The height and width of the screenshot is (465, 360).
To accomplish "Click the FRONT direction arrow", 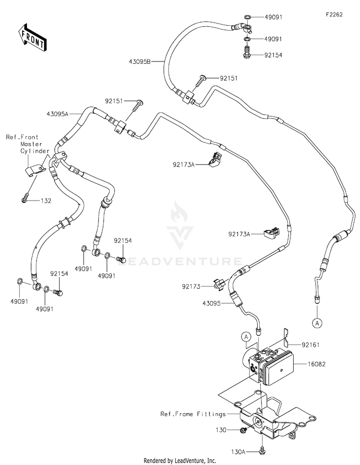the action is tap(32, 37).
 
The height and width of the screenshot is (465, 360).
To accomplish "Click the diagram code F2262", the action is tap(334, 15).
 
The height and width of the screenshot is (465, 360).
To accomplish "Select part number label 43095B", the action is tap(140, 62).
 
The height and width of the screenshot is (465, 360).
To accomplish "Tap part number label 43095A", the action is tap(57, 114).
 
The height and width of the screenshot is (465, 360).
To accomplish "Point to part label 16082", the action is tap(317, 364).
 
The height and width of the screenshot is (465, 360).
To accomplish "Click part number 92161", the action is tap(311, 345).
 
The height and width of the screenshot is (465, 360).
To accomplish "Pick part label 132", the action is tap(46, 201).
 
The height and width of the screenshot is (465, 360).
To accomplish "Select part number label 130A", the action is tap(239, 452).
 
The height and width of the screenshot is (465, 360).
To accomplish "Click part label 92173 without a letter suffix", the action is tap(191, 286).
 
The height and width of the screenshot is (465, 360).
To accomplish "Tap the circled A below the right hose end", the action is tap(317, 322).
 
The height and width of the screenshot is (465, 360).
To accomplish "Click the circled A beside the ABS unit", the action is tap(246, 336).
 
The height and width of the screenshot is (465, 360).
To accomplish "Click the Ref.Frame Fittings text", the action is tap(193, 414).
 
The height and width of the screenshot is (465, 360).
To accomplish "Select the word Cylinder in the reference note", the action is tap(35, 151).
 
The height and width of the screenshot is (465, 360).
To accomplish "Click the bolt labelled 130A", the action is tap(262, 449).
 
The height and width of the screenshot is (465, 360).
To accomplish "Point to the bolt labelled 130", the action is tap(242, 429).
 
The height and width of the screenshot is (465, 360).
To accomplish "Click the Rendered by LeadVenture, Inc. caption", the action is tap(180, 461).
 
